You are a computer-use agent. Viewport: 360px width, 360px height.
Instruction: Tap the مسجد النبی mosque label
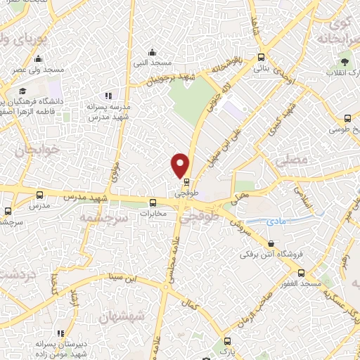coord(152,63)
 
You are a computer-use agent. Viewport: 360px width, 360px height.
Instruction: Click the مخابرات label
coord(153,213)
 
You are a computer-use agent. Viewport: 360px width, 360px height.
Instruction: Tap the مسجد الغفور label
coord(299,283)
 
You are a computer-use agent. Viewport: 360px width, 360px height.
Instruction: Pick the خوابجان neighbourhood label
coord(30,150)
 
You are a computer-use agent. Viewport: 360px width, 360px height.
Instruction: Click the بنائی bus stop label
coord(260,69)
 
